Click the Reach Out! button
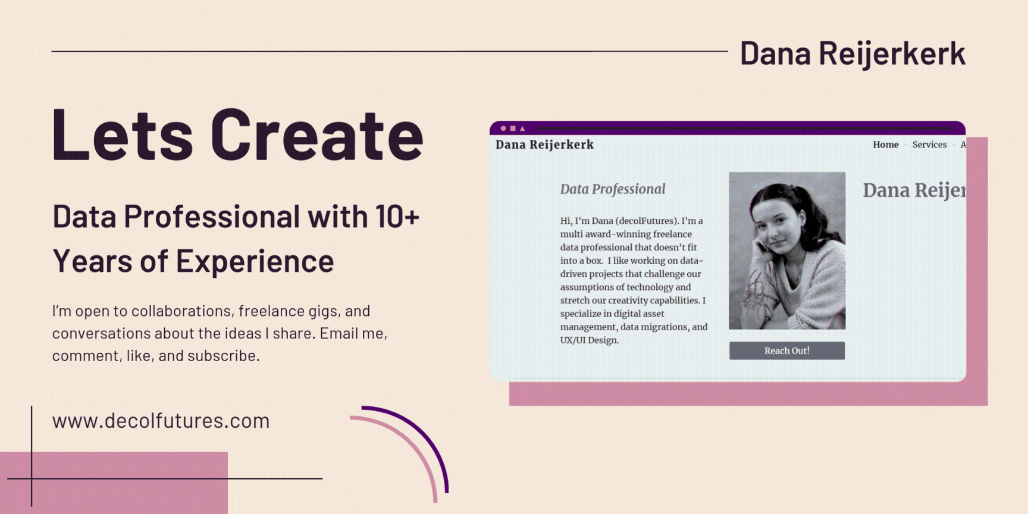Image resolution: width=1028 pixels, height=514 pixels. coord(787,350)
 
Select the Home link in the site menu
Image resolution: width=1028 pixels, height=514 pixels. coord(886,145)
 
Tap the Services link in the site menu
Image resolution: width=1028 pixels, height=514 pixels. coord(929,145)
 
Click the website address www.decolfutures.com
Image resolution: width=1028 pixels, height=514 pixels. coord(161,421)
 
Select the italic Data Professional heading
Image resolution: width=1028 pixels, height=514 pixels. coord(613,189)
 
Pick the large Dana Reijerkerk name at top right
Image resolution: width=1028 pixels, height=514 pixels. coord(853,54)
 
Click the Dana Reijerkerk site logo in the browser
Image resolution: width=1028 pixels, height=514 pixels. coord(544,145)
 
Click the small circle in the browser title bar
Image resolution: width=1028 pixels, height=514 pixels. coord(503,128)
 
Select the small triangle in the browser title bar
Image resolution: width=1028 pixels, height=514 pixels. coord(522,128)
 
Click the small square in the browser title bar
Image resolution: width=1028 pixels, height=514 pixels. coord(513,128)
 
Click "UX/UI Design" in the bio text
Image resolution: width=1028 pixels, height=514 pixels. coord(590,340)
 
